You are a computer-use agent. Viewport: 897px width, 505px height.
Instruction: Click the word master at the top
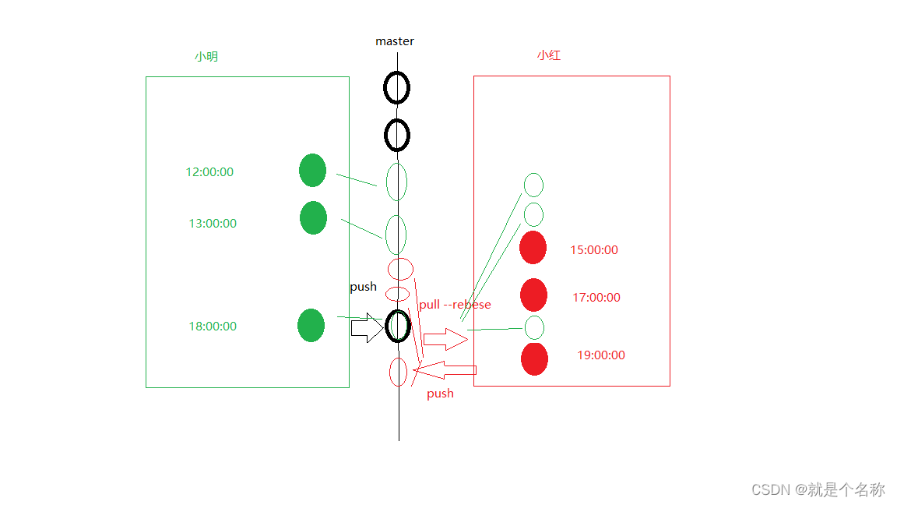[x=395, y=41]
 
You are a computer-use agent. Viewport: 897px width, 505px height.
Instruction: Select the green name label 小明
[x=206, y=57]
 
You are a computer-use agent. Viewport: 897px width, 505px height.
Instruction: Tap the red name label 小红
[x=549, y=55]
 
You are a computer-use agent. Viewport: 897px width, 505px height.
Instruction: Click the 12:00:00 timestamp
[x=209, y=172]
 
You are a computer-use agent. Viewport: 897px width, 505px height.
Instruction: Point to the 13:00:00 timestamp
[x=213, y=224]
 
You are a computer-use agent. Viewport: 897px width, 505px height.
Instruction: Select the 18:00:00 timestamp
[x=213, y=327]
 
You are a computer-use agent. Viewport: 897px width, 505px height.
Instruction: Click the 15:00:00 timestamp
[x=594, y=250]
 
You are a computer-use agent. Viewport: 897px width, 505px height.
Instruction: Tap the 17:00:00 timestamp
[x=596, y=297]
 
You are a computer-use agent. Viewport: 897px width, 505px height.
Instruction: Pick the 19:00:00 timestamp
[x=601, y=355]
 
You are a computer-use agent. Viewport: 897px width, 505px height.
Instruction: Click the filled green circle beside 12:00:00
[x=312, y=171]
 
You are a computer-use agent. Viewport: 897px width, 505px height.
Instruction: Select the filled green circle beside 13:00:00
[x=313, y=217]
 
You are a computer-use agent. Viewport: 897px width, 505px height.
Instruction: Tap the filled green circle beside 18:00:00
[x=311, y=325]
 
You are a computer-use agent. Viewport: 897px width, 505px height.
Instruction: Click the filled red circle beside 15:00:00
[x=533, y=247]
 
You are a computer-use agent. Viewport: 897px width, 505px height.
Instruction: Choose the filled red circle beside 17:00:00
[x=533, y=295]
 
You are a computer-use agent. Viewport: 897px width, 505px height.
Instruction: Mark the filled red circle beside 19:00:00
[x=534, y=358]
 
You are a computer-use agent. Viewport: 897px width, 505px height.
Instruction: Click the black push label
[x=363, y=287]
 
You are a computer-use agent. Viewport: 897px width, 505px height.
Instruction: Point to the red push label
[x=440, y=394]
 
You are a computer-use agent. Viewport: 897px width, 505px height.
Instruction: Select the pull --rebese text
[x=455, y=305]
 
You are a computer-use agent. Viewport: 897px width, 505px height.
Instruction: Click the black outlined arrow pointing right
[x=366, y=329]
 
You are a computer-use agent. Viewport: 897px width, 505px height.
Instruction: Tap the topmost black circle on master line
[x=396, y=87]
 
